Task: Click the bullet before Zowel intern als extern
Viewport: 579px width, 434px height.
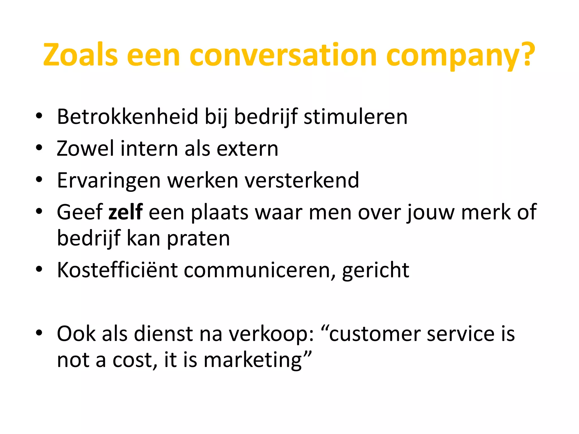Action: tap(39, 148)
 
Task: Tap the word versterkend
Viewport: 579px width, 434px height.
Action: tap(302, 180)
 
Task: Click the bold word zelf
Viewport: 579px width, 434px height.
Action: tap(126, 212)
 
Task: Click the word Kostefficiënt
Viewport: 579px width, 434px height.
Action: tap(117, 270)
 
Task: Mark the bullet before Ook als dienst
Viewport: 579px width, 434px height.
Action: tap(39, 333)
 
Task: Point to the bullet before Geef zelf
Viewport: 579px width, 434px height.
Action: tap(39, 211)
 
